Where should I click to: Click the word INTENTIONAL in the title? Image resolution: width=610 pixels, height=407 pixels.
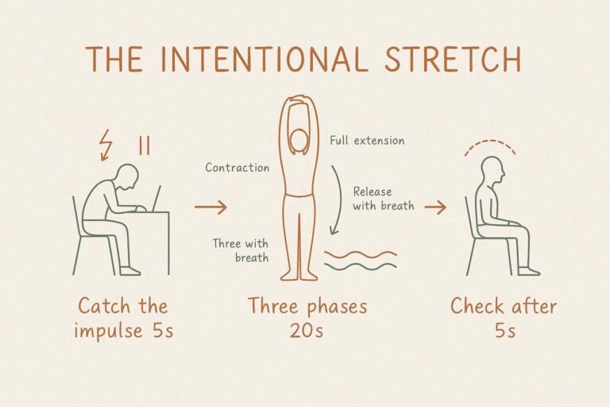click(264, 59)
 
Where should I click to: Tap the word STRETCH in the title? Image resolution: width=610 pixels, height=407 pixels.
click(453, 59)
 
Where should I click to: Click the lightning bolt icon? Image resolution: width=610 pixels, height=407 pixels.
click(105, 145)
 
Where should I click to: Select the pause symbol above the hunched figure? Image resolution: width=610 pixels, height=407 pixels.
click(145, 145)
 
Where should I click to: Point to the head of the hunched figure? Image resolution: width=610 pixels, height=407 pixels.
click(128, 177)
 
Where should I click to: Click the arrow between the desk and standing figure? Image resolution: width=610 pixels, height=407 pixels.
click(210, 207)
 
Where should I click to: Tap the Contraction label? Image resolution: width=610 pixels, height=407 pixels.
click(237, 168)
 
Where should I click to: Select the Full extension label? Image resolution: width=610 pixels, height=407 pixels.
click(367, 140)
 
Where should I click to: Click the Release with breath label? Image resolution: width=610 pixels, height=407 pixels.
click(383, 199)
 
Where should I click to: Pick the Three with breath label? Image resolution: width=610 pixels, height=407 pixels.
click(241, 250)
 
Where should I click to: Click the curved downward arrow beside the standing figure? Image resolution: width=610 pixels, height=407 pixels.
click(338, 200)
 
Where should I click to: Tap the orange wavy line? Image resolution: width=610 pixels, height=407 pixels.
click(361, 254)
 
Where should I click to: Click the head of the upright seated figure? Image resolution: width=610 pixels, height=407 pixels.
click(492, 171)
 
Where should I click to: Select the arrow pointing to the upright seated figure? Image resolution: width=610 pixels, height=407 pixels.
click(435, 207)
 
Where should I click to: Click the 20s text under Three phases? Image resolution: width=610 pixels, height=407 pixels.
click(306, 331)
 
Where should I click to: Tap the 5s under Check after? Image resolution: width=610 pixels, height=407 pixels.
click(505, 331)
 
